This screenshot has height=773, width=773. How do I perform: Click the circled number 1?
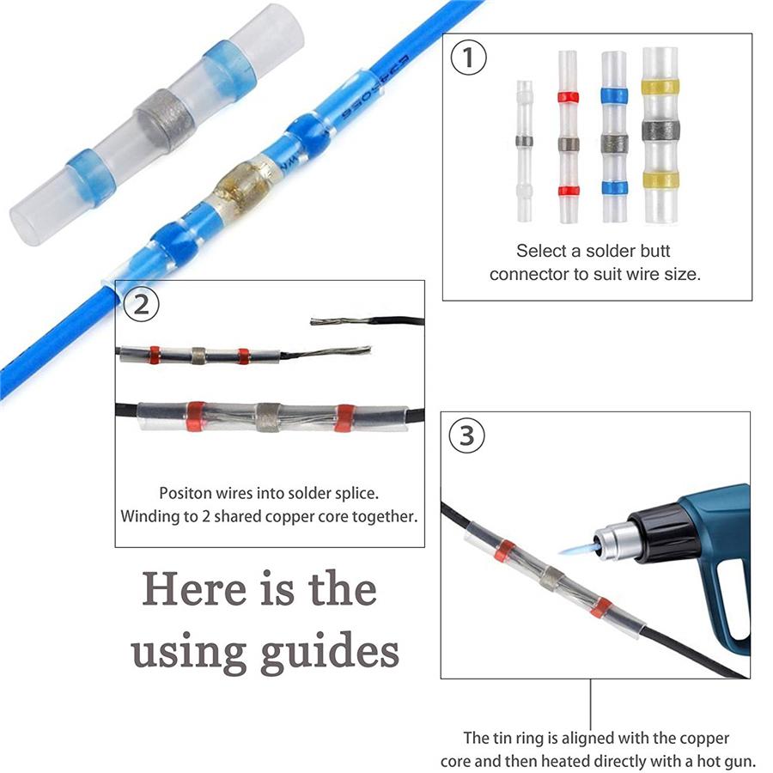(468, 58)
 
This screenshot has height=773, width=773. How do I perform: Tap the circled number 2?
(141, 305)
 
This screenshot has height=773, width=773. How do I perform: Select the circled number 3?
(467, 435)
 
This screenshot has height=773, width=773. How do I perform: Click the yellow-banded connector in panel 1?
(660, 135)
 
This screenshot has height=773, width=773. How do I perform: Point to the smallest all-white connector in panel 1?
(524, 151)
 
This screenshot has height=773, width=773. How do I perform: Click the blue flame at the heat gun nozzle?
(578, 546)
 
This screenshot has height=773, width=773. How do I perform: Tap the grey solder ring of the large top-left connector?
(164, 119)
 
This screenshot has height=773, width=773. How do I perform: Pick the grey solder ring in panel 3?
(551, 577)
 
